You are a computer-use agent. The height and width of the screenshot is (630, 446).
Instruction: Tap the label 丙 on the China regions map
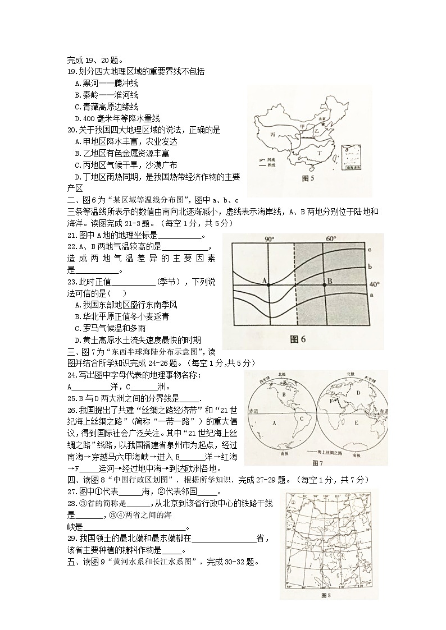(273, 135)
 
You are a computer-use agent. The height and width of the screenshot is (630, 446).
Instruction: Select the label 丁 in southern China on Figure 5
(320, 151)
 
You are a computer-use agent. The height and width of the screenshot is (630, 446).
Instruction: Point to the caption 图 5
(308, 178)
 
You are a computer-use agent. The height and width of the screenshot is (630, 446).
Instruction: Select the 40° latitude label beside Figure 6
(375, 285)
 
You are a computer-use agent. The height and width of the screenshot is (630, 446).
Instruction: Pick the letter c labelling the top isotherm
(371, 250)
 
